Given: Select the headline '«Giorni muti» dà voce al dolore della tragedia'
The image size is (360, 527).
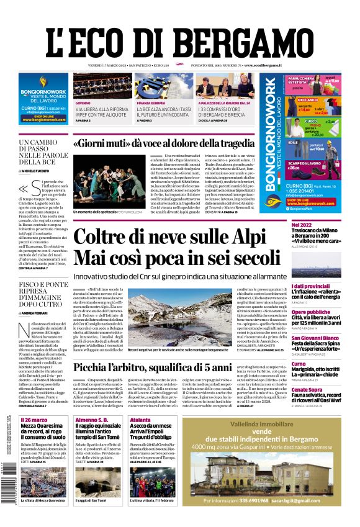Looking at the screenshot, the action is (x=163, y=143).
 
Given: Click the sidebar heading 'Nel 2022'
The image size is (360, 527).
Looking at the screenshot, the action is (x=302, y=225).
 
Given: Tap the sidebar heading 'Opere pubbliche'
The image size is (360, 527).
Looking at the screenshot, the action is (x=310, y=312).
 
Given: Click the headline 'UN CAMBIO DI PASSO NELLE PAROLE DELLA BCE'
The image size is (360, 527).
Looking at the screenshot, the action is (x=43, y=153).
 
